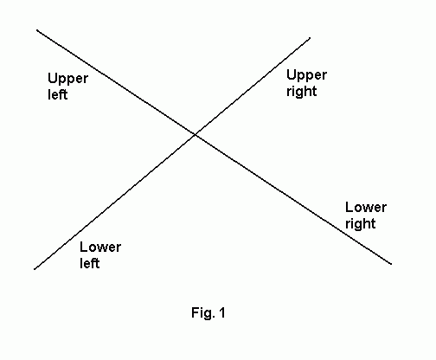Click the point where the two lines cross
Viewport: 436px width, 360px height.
(x=196, y=134)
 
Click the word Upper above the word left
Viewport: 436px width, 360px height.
(x=67, y=79)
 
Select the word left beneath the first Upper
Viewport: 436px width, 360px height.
(x=57, y=94)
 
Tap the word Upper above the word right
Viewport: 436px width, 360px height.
(x=306, y=75)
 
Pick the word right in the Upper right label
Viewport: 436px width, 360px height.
(x=302, y=91)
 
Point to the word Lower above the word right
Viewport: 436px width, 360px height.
(x=366, y=207)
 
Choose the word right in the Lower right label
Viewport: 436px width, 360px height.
(x=361, y=223)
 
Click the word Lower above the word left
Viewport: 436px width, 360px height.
(x=100, y=247)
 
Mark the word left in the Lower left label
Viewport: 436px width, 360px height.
(x=90, y=263)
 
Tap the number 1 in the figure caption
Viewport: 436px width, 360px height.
(x=221, y=312)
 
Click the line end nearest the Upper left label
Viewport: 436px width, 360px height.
(x=37, y=29)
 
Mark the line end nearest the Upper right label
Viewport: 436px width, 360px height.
(x=310, y=37)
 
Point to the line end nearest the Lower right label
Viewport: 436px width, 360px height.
(x=391, y=264)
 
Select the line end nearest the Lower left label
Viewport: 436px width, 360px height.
(x=35, y=269)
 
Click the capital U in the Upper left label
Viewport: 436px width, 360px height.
(x=53, y=78)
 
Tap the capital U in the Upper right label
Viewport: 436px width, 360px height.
(x=292, y=74)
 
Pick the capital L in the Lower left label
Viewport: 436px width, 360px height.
(x=84, y=247)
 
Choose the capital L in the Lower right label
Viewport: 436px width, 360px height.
(x=349, y=207)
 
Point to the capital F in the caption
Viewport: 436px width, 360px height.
(x=196, y=312)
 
